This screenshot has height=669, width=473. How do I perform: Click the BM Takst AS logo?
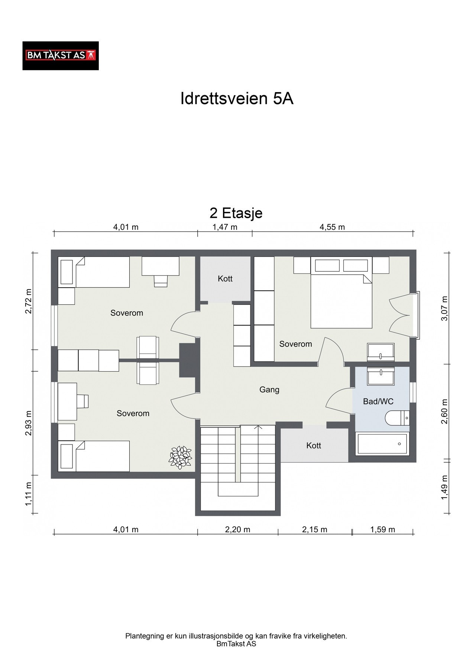pos(61,56)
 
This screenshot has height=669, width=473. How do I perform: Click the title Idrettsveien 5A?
pos(237,99)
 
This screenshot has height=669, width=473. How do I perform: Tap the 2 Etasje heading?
pos(236,213)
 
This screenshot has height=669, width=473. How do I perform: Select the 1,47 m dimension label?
pos(225,227)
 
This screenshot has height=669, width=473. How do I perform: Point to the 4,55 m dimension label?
pos(333,227)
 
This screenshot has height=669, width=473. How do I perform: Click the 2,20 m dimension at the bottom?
pos(238,530)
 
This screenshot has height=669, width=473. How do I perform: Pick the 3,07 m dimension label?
pos(445,308)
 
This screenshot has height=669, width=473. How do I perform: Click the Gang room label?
pos(269,390)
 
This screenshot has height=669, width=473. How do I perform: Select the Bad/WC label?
pos(378,401)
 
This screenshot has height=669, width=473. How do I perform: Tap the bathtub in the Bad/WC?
pos(382,444)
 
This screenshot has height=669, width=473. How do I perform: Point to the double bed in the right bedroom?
pos(341,301)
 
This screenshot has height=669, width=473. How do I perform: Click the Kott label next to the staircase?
pos(314,446)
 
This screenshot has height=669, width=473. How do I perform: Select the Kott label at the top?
pos(225,278)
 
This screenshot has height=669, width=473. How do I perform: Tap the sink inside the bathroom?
pos(380,376)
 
